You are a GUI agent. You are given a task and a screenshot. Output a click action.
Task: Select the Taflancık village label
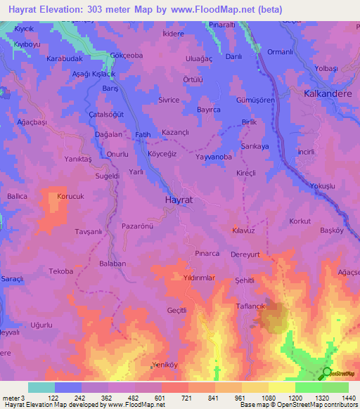point(250,297)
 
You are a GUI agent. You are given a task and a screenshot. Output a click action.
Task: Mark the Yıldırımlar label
point(199,278)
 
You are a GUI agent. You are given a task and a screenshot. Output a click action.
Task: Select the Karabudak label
point(65,59)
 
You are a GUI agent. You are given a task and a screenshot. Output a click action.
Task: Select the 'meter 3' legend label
point(13,397)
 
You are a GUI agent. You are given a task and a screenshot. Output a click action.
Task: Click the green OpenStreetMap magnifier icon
point(326,372)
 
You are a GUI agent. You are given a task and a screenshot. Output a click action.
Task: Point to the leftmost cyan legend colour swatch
point(41,387)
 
